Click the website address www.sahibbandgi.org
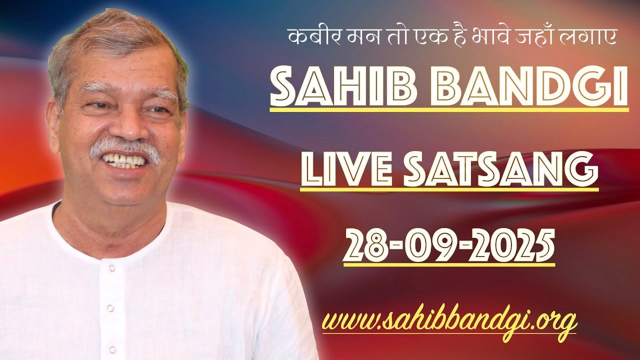tap(448, 320)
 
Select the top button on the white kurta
tap(112, 268)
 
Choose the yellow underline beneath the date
tap(449, 264)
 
